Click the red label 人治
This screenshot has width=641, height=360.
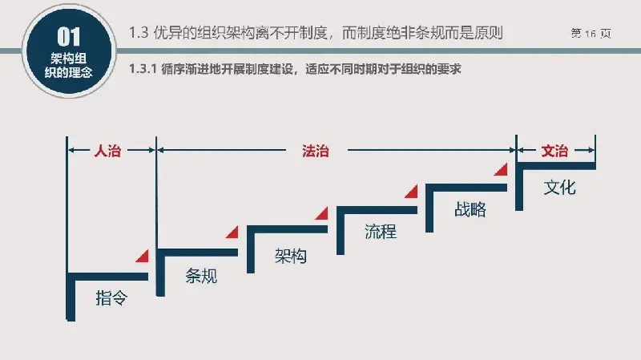tap(107, 151)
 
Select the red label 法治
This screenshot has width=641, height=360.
tap(315, 151)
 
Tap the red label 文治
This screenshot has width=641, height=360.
tap(554, 151)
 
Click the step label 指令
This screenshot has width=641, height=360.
tap(111, 297)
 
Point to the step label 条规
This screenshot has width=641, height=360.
tap(201, 276)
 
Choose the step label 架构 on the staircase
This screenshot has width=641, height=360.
tap(291, 256)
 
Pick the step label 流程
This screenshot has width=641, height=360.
tap(381, 232)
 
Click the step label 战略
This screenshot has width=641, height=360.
tap(470, 209)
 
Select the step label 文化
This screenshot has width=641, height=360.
tap(559, 188)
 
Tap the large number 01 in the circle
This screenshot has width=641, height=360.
tap(69, 37)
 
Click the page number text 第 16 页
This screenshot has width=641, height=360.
tap(591, 33)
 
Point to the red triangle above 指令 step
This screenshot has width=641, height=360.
tap(143, 256)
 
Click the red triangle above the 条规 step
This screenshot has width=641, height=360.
tap(233, 232)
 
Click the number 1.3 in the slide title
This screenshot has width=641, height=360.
tap(138, 33)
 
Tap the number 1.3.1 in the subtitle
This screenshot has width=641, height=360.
tap(143, 69)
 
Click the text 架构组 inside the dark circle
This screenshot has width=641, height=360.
tap(69, 58)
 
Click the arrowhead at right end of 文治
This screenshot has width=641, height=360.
tap(591, 150)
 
